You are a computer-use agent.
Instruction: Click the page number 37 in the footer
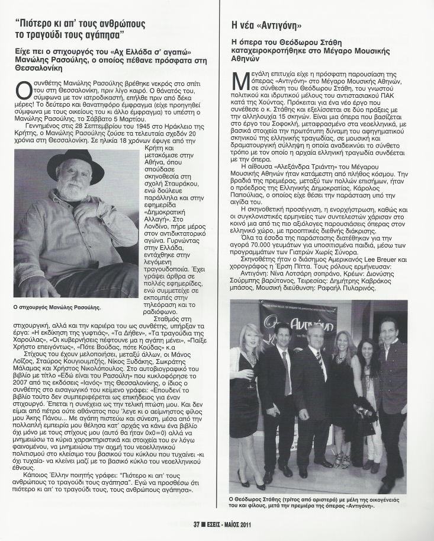coord(198,523)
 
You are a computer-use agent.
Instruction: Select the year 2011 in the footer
coord(255,523)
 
